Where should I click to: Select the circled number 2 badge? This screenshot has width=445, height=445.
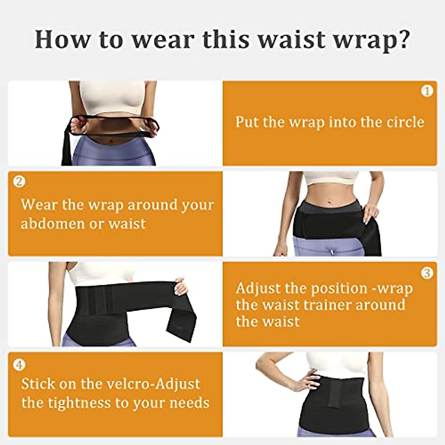coord(19,181)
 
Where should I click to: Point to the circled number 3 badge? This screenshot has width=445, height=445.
coord(427,273)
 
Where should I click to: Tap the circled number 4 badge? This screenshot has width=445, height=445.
coord(19,365)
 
